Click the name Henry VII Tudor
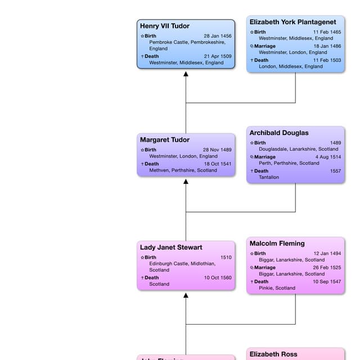coord(164,26)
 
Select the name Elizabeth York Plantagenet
coord(292,22)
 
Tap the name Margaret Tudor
coord(164,139)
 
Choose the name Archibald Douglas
coord(279,133)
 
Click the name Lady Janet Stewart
coord(171,247)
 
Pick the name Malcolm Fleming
coord(277,244)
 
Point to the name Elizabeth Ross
coord(273,354)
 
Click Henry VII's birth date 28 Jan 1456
coord(217,36)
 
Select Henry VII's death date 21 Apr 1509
coord(217,56)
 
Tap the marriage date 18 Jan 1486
coord(327,46)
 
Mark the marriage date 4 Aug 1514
coord(328,157)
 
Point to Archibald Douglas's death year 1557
coord(335,171)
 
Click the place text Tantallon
coord(269,177)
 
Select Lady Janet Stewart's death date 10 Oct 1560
coord(217,277)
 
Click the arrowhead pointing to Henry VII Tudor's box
coord(186,74)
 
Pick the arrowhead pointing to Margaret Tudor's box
coord(186,182)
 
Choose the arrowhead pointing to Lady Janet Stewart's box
coord(186,295)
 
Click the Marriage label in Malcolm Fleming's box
coord(264,268)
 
